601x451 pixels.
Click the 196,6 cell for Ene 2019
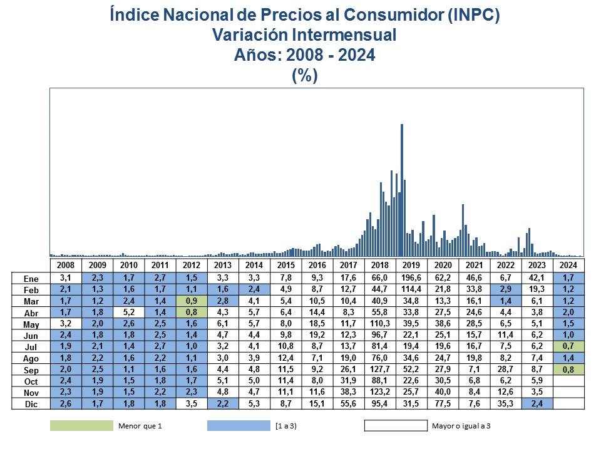click(x=411, y=277)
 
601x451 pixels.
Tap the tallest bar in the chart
click(x=401, y=188)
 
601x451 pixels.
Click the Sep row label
click(x=31, y=370)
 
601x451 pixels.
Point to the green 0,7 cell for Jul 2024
click(x=568, y=346)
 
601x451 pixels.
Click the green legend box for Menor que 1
click(x=81, y=426)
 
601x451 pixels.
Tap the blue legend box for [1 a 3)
click(x=238, y=426)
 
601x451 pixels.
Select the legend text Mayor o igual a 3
click(x=461, y=426)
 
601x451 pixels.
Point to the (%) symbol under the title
click(x=305, y=75)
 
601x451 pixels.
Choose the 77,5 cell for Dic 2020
click(x=443, y=404)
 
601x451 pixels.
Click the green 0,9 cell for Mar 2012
click(x=191, y=301)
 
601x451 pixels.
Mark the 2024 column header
click(x=568, y=266)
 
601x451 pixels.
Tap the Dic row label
click(x=31, y=404)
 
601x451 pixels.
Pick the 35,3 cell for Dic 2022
click(x=506, y=404)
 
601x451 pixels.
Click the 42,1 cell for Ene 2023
click(x=537, y=277)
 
